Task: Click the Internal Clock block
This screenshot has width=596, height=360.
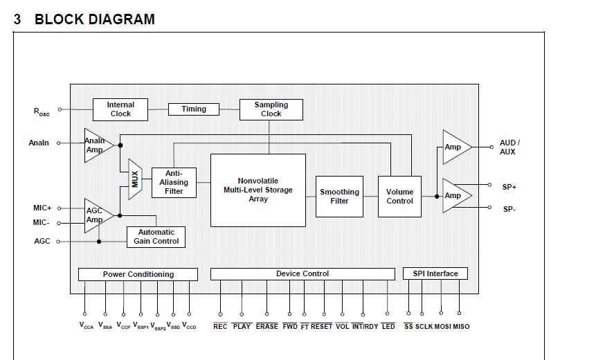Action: (x=120, y=109)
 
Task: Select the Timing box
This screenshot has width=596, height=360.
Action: (x=194, y=109)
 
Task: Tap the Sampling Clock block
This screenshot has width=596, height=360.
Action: (x=271, y=109)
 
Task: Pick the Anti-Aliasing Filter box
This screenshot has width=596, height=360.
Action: (x=174, y=182)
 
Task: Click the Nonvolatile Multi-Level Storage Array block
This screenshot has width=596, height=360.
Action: (x=258, y=190)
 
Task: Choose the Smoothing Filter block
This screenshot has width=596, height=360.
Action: (x=339, y=197)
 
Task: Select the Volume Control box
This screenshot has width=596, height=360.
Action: (x=399, y=197)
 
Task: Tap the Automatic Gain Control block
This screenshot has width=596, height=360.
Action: (x=156, y=237)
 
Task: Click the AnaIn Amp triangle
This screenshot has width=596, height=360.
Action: (x=96, y=145)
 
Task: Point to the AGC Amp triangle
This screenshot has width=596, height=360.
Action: (x=96, y=215)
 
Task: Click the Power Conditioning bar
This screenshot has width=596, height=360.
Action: (x=138, y=274)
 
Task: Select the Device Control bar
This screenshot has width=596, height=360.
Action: (x=302, y=274)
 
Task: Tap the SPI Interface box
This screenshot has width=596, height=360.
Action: (x=435, y=273)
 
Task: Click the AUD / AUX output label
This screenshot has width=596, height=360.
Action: (x=509, y=147)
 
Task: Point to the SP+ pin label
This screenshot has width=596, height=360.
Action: (x=509, y=187)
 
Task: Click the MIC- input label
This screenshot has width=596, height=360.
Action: (x=42, y=223)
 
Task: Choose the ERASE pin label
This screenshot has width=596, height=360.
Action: (x=267, y=326)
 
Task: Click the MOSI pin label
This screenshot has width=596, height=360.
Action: (x=443, y=326)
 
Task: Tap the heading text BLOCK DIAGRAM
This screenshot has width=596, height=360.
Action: (x=95, y=19)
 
